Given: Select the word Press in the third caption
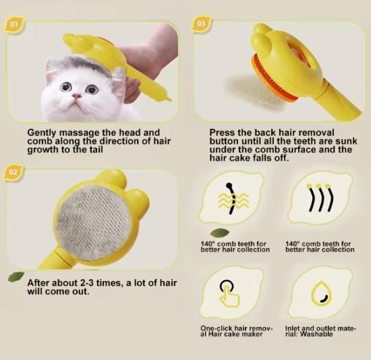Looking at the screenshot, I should (223, 133).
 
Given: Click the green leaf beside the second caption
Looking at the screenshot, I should (16, 276).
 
